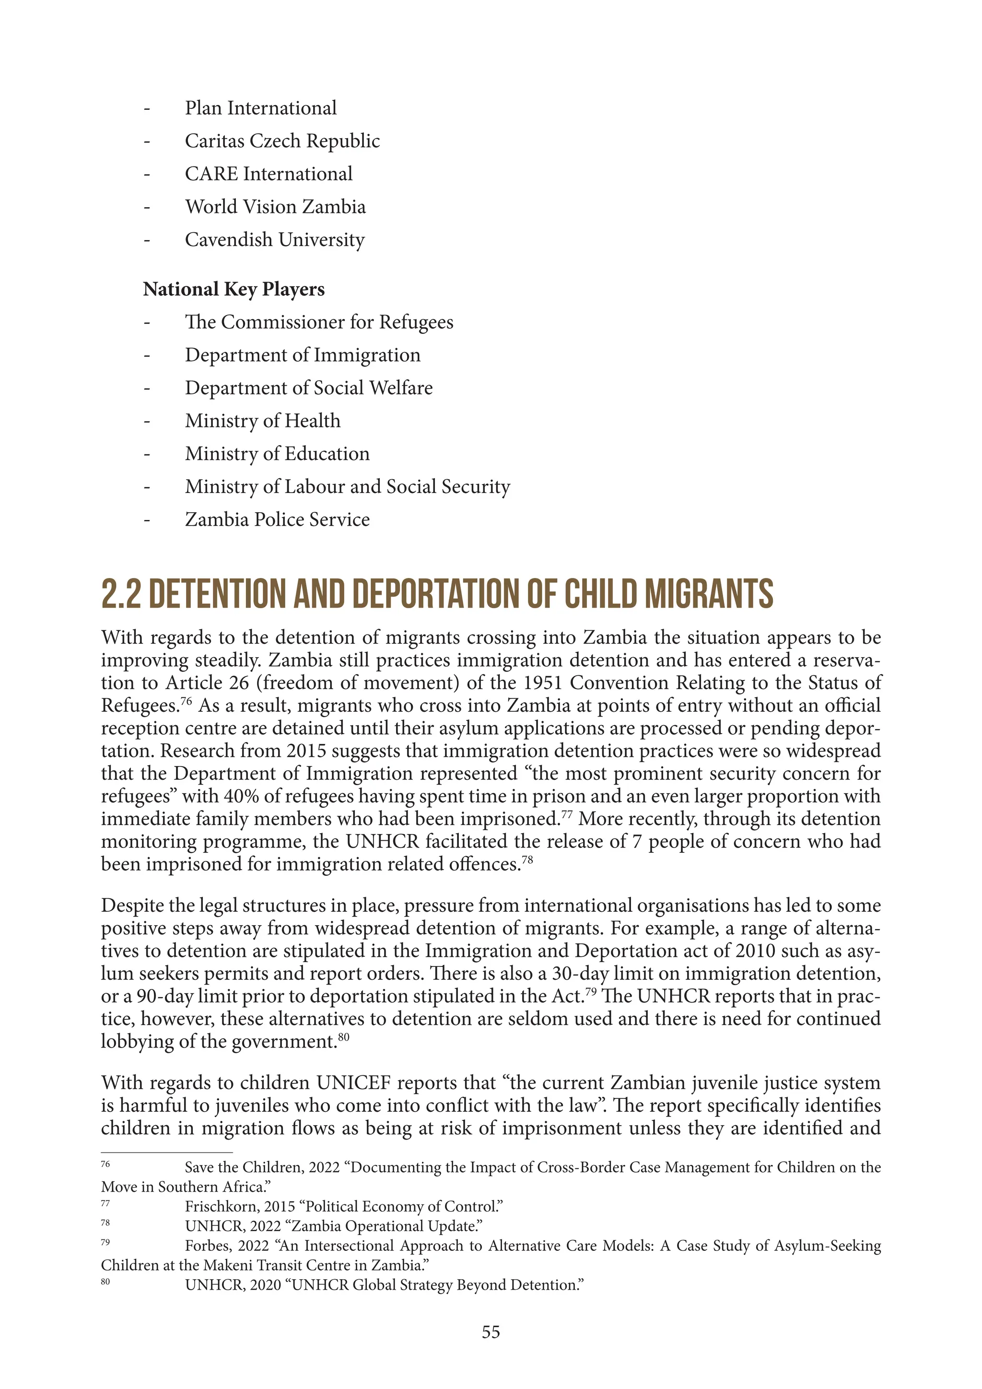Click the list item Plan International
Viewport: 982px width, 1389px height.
261,108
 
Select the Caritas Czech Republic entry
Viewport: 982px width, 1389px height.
282,141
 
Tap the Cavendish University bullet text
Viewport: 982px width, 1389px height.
275,239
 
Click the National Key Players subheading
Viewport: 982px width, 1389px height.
234,289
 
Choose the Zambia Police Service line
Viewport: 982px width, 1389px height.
277,519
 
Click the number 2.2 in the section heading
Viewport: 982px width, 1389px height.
120,594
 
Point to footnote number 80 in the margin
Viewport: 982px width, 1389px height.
105,1281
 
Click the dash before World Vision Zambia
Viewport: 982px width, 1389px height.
146,208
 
